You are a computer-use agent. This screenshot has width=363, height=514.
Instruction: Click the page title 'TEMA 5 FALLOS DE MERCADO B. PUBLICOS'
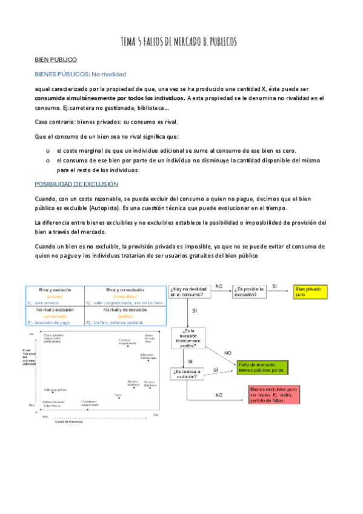[179, 42]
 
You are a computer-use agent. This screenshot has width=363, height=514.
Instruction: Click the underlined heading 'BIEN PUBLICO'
[56, 60]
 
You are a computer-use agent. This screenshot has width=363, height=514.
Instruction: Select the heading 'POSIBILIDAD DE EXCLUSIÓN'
[76, 183]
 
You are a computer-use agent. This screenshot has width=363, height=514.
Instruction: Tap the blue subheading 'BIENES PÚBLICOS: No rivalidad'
[80, 75]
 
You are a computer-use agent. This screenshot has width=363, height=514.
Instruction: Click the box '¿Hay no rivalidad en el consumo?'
[189, 292]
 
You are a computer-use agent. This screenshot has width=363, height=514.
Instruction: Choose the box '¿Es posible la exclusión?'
[248, 292]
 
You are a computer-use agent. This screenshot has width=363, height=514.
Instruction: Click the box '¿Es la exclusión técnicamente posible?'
[189, 339]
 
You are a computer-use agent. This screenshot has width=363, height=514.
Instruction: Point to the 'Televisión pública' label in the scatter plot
[55, 390]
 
